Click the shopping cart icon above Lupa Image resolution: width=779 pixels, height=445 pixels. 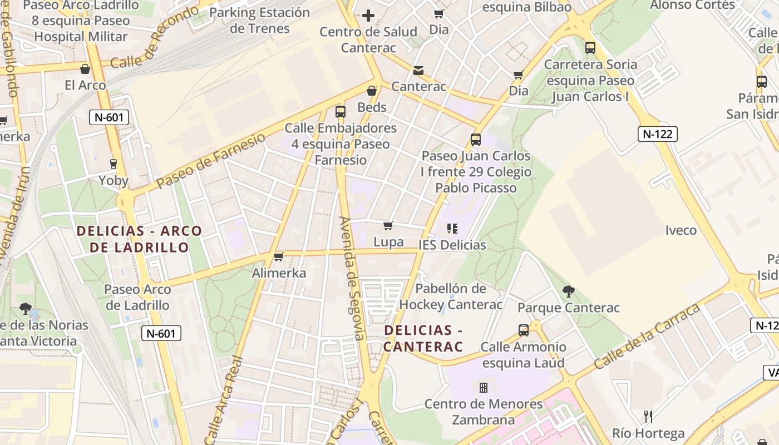pos(388,225)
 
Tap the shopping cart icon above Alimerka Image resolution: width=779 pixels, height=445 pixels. pos(279,256)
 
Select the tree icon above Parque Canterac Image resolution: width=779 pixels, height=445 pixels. pos(568,291)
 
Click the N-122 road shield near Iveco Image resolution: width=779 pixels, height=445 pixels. pos(657,133)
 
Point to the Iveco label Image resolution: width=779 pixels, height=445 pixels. pos(681,230)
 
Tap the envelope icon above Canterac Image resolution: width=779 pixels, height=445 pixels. pos(418,71)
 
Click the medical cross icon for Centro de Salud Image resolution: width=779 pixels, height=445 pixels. pos(368,16)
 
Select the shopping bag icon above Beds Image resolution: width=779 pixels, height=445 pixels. pos(371,91)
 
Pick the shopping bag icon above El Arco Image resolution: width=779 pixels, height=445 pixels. pos(85,69)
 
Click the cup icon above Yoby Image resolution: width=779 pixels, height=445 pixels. pos(114,164)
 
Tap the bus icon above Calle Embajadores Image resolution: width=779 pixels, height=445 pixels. pos(341,111)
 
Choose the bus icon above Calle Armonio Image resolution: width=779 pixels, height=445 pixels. pos(523,330)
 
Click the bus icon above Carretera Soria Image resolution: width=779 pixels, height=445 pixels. pos(590,48)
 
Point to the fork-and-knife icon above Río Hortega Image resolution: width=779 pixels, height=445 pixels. pos(648,416)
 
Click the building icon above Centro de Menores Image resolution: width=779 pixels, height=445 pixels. pos(483,387)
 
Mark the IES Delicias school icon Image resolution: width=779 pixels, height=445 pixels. pos(452,228)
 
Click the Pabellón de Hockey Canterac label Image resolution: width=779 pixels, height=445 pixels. pos(451,296)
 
